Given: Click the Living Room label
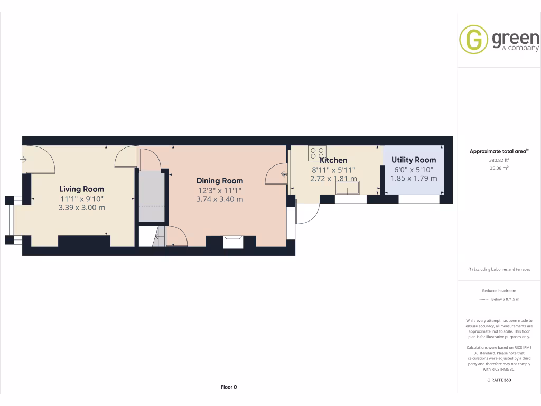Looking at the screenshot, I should pyautogui.click(x=81, y=189).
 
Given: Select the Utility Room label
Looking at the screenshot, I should pyautogui.click(x=414, y=160).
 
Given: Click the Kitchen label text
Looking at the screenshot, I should pyautogui.click(x=333, y=160).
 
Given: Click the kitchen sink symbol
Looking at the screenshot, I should pyautogui.click(x=348, y=188).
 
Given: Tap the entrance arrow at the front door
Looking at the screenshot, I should pyautogui.click(x=24, y=159).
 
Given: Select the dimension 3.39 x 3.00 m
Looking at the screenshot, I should pyautogui.click(x=81, y=207).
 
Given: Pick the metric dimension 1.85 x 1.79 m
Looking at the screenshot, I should pyautogui.click(x=414, y=178).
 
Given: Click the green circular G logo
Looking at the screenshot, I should pyautogui.click(x=473, y=40).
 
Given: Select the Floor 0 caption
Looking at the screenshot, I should pyautogui.click(x=228, y=387).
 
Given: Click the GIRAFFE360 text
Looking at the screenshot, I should pyautogui.click(x=499, y=380).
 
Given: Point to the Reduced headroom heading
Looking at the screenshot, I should pyautogui.click(x=499, y=291).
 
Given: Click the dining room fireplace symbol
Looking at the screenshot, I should pyautogui.click(x=233, y=241).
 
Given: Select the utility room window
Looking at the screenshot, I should pyautogui.click(x=419, y=199).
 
